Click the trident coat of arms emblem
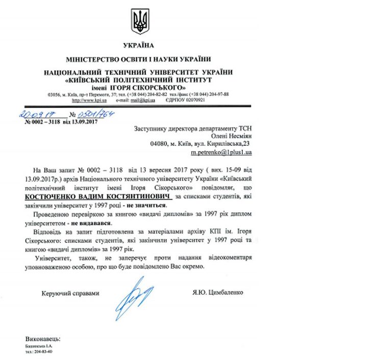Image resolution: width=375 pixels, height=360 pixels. (139, 21)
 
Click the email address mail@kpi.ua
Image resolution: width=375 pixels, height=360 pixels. (128, 100)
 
